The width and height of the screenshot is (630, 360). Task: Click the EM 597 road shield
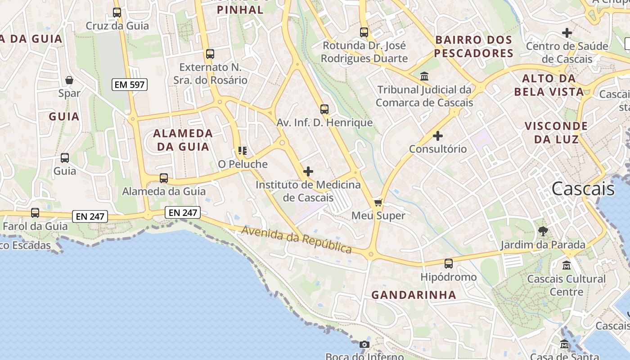click(x=130, y=84)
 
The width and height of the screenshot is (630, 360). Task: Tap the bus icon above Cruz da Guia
click(x=117, y=13)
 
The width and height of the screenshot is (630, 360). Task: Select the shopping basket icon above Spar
click(x=69, y=81)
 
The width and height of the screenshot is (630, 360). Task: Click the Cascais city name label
click(x=583, y=189)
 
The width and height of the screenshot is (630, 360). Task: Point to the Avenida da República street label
click(x=297, y=240)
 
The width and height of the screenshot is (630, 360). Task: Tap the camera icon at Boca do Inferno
click(x=364, y=344)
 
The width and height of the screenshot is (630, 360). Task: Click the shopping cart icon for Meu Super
click(x=378, y=202)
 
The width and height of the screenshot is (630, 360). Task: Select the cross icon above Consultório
click(x=437, y=135)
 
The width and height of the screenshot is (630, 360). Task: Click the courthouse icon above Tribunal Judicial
click(x=424, y=76)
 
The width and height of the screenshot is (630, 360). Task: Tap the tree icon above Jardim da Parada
click(x=543, y=231)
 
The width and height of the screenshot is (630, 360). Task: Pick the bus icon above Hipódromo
click(x=448, y=264)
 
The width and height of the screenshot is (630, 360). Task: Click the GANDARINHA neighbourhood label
click(x=414, y=295)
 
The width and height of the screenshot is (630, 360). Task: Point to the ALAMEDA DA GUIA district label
click(x=183, y=140)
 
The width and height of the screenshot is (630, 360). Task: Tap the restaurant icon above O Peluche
click(x=243, y=151)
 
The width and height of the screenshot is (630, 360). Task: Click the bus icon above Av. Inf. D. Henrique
click(x=324, y=109)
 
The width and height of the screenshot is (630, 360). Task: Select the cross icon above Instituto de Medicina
click(x=308, y=171)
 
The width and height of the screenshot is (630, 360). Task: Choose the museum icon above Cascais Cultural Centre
click(x=567, y=265)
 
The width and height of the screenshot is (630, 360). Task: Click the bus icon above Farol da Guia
click(x=35, y=213)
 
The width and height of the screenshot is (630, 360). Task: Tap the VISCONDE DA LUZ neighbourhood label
click(x=556, y=132)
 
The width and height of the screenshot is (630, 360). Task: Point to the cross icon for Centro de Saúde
click(x=567, y=33)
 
